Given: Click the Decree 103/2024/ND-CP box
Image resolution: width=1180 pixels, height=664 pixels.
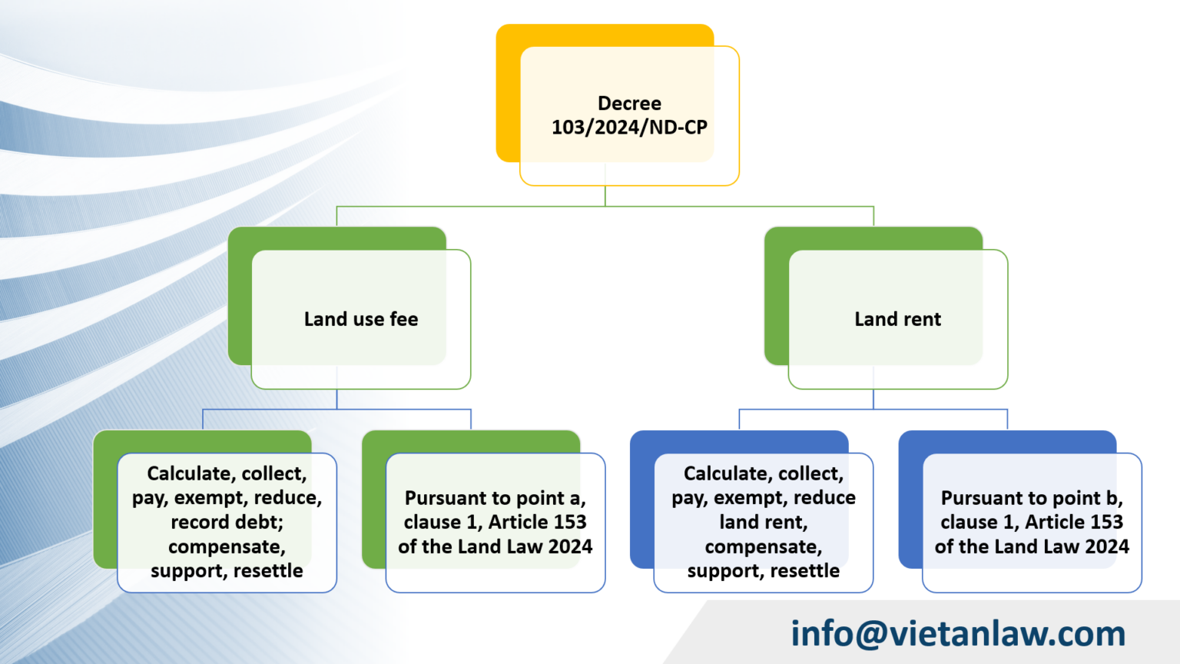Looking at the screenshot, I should click(629, 115).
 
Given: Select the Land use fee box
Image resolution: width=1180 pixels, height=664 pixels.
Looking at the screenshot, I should click(361, 319).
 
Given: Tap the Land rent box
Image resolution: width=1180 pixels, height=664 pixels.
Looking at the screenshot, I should click(897, 319).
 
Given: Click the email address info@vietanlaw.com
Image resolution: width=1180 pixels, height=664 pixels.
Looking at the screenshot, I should click(958, 634).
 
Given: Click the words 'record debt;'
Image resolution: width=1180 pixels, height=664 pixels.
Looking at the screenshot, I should click(227, 523).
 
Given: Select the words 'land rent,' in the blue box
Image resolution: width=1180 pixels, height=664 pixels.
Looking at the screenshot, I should click(763, 523).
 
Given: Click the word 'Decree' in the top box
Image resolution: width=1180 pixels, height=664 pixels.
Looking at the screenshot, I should click(629, 103).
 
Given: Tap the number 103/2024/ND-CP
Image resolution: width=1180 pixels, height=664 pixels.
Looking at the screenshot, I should click(629, 128).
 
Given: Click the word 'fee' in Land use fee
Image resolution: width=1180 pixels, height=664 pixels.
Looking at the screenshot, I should click(403, 319).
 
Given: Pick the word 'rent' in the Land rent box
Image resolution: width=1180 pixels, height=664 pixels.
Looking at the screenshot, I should click(922, 319).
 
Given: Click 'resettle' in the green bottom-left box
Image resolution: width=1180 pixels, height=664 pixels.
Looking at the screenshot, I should click(268, 571).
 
